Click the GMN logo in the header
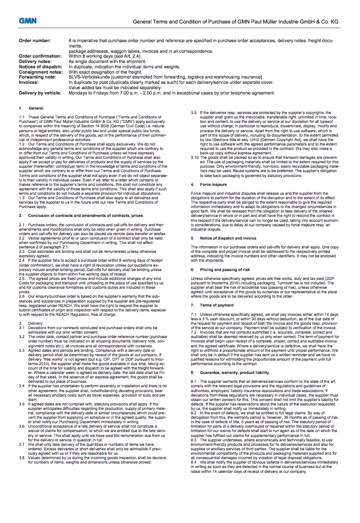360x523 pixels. pos(27,20)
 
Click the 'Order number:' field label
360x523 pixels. pos(35,41)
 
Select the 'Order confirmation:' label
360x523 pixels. pos(40,56)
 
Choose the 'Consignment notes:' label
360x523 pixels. pos(41,72)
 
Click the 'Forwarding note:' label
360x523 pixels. pos(37,77)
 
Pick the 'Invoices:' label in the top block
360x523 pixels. pos(28,82)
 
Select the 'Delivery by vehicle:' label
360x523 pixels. pos(41,93)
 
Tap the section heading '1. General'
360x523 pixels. pos(31,108)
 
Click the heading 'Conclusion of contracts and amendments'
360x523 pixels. pos(85,215)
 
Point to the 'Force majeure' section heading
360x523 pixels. pos(213,184)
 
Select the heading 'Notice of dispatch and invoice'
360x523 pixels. pos(228,238)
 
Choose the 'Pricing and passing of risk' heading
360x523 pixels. pos(225,269)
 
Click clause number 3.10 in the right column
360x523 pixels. pos(195,157)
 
